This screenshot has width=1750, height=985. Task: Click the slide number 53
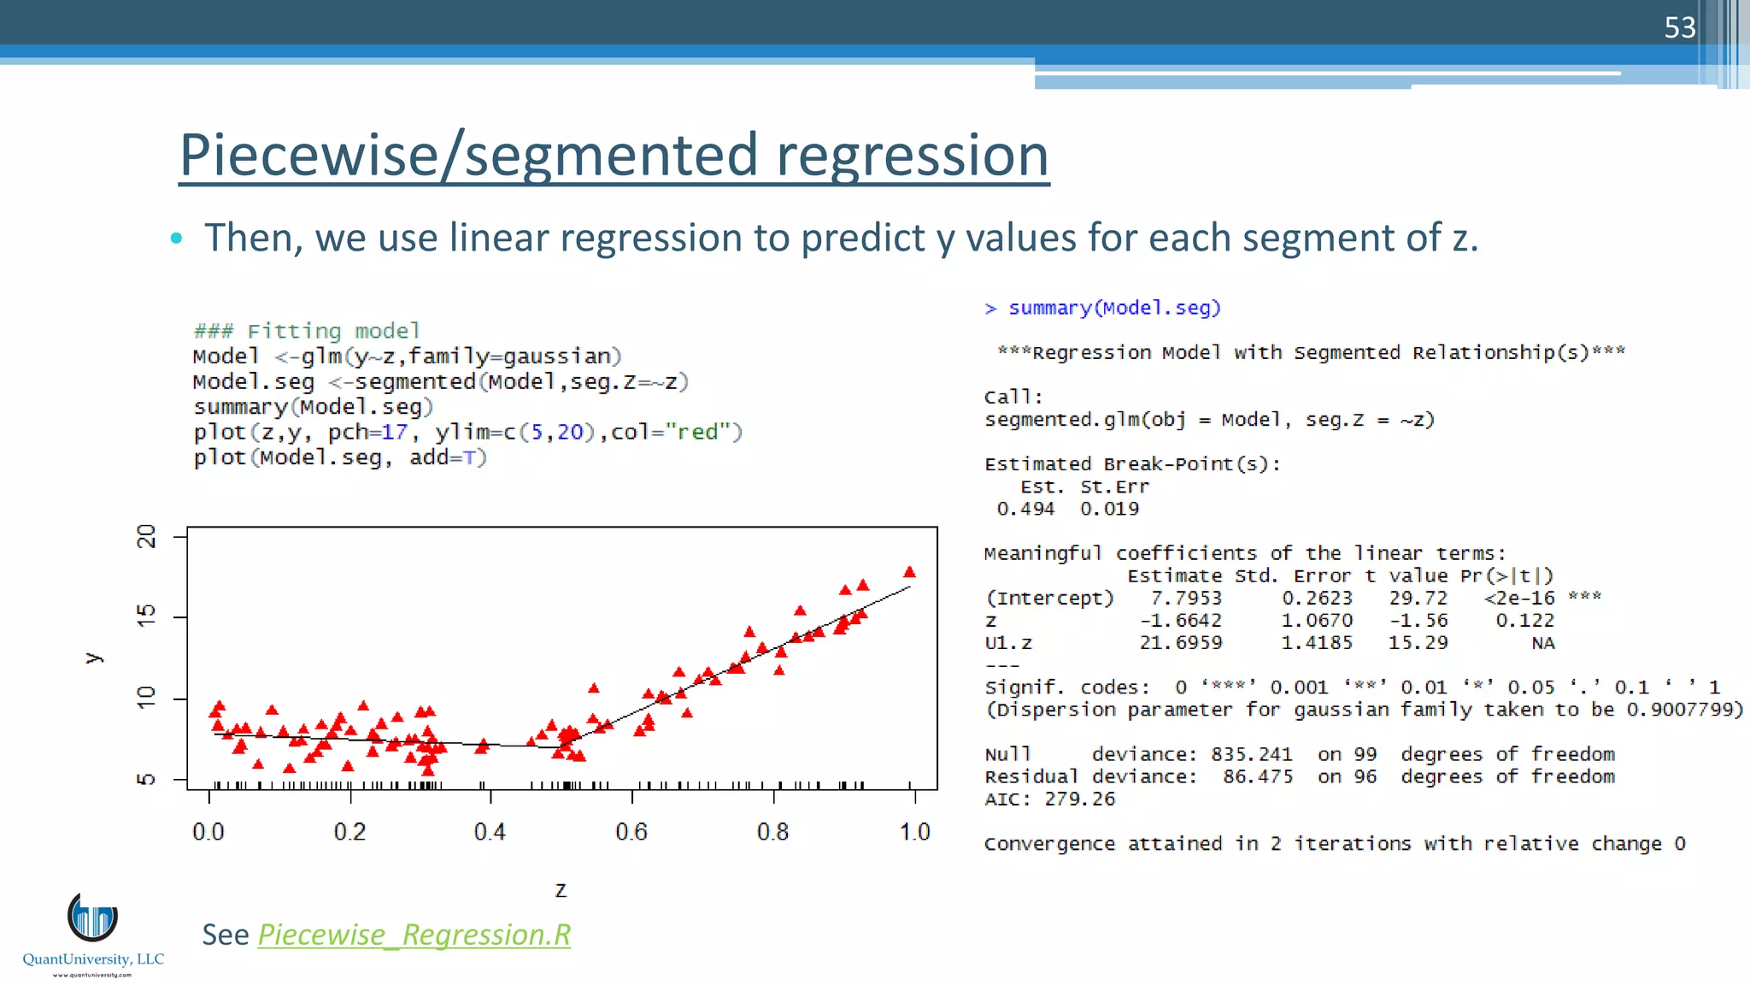click(1679, 28)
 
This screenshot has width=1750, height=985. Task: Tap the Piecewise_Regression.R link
click(414, 935)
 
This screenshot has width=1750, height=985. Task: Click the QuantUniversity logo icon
click(92, 917)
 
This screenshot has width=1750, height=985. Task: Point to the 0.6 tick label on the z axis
click(631, 832)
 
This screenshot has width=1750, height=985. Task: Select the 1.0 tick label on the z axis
click(914, 832)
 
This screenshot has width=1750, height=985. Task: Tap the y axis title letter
click(93, 658)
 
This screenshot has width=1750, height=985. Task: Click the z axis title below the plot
click(561, 890)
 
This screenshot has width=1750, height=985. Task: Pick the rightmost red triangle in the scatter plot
click(909, 572)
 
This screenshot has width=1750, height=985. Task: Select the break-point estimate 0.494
click(1025, 509)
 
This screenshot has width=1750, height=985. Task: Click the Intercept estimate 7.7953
click(1186, 598)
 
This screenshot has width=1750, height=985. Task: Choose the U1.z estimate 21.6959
click(1181, 642)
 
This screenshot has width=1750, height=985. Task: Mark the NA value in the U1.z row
click(1542, 643)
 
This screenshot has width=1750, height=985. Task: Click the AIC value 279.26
click(1080, 799)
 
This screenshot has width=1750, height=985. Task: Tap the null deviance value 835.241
click(1251, 754)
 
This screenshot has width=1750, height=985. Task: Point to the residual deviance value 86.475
click(1257, 776)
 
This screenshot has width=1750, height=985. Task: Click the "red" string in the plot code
click(697, 432)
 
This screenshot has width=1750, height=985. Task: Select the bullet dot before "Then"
click(176, 238)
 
